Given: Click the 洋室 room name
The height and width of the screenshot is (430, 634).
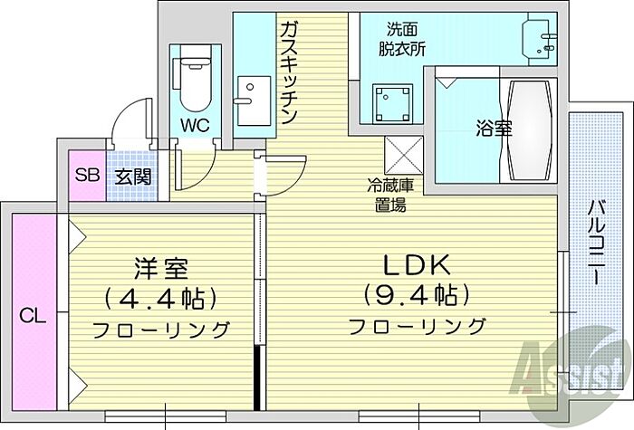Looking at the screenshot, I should point(163,268).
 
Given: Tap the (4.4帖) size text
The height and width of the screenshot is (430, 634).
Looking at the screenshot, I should point(163,297).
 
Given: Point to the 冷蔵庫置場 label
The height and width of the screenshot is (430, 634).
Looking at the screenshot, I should point(390,195).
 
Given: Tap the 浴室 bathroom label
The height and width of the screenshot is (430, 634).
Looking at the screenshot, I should point(494,128).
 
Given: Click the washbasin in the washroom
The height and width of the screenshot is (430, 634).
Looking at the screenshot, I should point(543,36).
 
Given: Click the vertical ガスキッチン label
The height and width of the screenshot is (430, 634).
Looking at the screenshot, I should point(289,73).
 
